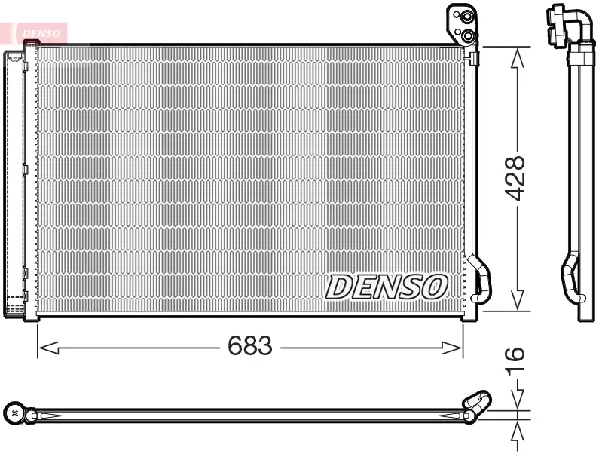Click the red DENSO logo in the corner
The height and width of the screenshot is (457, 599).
(41, 32)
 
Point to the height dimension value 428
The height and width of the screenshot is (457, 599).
(515, 178)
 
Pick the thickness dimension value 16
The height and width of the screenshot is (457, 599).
(515, 362)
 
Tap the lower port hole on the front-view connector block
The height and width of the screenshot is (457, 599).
(468, 35)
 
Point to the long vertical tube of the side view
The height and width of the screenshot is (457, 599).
(581, 166)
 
